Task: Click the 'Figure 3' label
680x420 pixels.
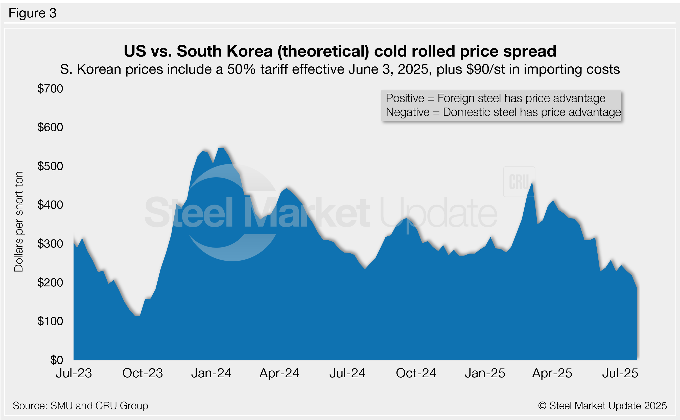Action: [x=33, y=13]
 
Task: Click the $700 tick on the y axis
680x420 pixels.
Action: [x=50, y=89]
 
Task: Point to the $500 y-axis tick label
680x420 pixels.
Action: [x=50, y=166]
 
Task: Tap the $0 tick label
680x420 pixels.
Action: [x=56, y=360]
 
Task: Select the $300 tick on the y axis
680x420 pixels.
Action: [x=50, y=244]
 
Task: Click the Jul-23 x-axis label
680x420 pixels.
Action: [x=74, y=373]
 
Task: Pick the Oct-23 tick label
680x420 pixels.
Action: [x=143, y=373]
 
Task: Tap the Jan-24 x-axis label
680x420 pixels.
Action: [x=211, y=373]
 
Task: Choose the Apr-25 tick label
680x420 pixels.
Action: [x=552, y=373]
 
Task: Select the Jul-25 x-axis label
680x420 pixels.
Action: [x=620, y=373]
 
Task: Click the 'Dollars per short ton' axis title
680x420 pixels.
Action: [x=19, y=222]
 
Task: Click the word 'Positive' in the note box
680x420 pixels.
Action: [x=405, y=98]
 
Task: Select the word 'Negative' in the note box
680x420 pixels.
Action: [x=408, y=112]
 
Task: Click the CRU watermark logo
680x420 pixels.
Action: [x=519, y=182]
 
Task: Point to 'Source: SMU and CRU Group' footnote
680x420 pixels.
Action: [x=81, y=406]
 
